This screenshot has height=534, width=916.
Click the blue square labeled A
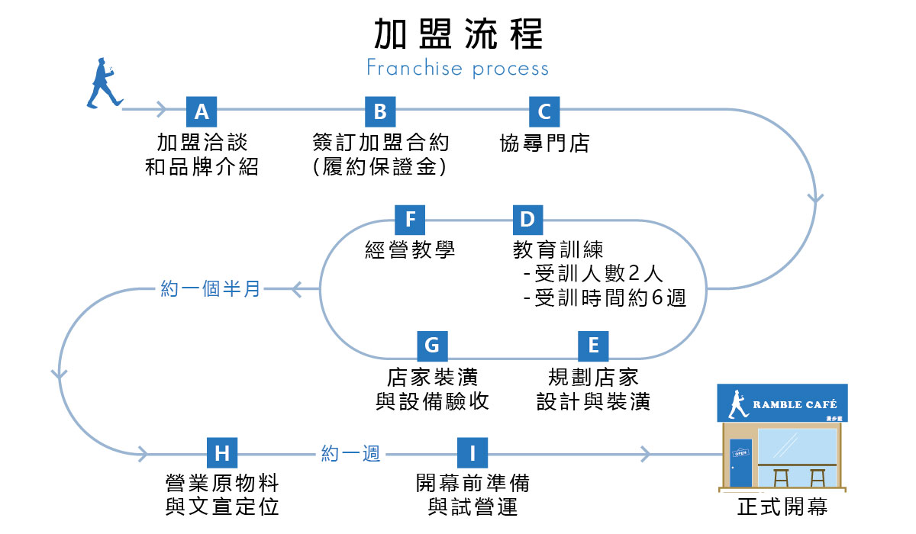point(202,111)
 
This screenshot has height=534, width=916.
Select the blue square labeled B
point(380,111)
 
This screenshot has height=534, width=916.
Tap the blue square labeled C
point(544,111)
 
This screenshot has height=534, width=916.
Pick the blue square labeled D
point(527,220)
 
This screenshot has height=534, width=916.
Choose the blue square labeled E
point(593,346)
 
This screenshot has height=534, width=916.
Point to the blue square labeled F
point(411,220)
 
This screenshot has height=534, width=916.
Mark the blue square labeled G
point(432,346)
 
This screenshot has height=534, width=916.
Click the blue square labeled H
point(222,453)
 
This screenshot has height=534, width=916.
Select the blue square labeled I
point(473,453)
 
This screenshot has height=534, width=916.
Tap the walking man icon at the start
point(102,82)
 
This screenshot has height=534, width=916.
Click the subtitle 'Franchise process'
point(457,69)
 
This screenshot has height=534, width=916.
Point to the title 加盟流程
point(458,34)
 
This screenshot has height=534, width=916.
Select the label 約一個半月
point(211,290)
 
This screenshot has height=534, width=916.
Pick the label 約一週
point(351,453)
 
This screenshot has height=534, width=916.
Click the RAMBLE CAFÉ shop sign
point(782,404)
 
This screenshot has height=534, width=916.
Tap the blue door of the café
point(740,462)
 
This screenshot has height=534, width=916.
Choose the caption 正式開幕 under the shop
point(782,507)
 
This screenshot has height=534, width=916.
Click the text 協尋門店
point(544,143)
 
